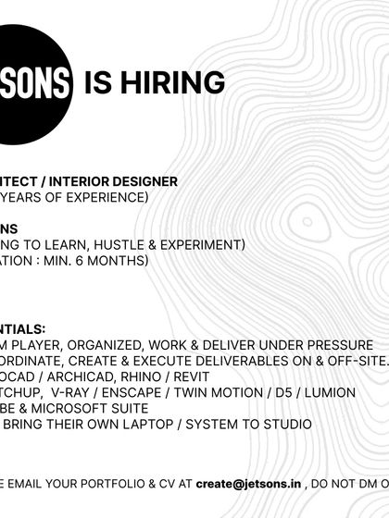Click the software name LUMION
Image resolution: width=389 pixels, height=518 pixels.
[325, 392]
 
